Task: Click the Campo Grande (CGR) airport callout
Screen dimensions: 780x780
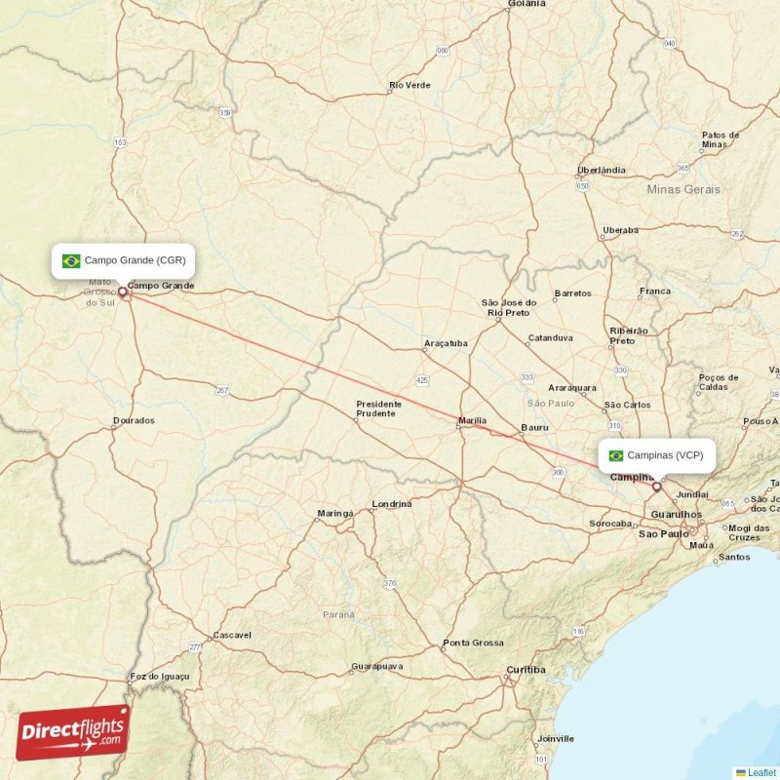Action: coord(124,261)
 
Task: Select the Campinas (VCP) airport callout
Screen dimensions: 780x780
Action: coord(658,455)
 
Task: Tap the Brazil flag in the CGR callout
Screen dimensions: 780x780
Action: coord(71,261)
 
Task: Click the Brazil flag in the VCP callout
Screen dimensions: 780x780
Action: coord(616,455)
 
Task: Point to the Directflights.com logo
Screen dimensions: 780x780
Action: coord(73,732)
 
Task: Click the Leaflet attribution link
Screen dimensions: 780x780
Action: coord(761,772)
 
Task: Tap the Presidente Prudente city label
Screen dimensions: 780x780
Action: coord(375,409)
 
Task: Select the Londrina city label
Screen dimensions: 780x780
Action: coord(391,504)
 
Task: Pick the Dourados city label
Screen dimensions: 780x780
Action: coord(134,421)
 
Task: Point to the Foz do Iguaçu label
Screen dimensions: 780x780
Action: coord(159,676)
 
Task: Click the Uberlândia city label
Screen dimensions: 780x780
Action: coord(602,170)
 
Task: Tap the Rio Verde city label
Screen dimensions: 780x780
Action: coord(409,86)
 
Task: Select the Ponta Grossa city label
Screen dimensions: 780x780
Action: coord(473,643)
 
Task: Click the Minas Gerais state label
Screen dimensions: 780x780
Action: coord(683,189)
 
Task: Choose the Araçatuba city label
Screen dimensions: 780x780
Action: coord(446,343)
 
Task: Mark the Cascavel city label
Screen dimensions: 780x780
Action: coord(232,635)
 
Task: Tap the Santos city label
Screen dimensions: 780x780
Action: coord(733,558)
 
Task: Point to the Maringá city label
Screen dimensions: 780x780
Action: coord(334,513)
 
